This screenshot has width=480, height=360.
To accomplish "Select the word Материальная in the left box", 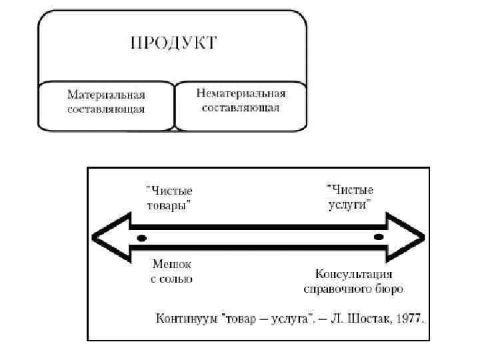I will tap(106, 94).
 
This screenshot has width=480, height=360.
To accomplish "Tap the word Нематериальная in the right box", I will tap(241, 94).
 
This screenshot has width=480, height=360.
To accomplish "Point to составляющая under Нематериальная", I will tap(241, 107).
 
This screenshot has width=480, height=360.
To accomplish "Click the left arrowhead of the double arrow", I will tap(110, 237).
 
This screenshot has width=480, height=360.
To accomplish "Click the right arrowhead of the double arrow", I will tap(406, 237).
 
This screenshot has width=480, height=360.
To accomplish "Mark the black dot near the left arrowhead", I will tap(141, 237).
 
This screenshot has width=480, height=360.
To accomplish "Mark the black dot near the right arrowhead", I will tap(379, 237).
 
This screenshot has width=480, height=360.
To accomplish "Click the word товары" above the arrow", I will tap(171, 205).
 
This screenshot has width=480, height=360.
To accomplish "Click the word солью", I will tap(176, 279).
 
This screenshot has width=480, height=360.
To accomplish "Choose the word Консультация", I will tap(353, 274).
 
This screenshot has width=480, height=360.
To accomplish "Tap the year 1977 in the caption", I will tap(410, 318).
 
